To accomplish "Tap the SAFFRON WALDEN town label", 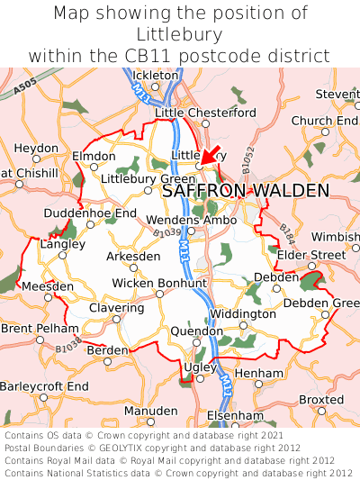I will pyautogui.click(x=246, y=191).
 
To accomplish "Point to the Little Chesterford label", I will pyautogui.click(x=205, y=113).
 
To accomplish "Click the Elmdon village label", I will pyautogui.click(x=94, y=156).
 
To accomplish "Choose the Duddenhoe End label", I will pyautogui.click(x=90, y=213).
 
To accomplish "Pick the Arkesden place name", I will pyautogui.click(x=133, y=257).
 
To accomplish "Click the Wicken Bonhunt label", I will pyautogui.click(x=158, y=284).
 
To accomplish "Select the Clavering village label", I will pyautogui.click(x=116, y=307).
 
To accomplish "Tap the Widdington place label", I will pyautogui.click(x=242, y=314).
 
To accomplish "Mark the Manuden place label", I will pyautogui.click(x=150, y=411).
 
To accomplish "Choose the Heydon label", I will pyautogui.click(x=36, y=148).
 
